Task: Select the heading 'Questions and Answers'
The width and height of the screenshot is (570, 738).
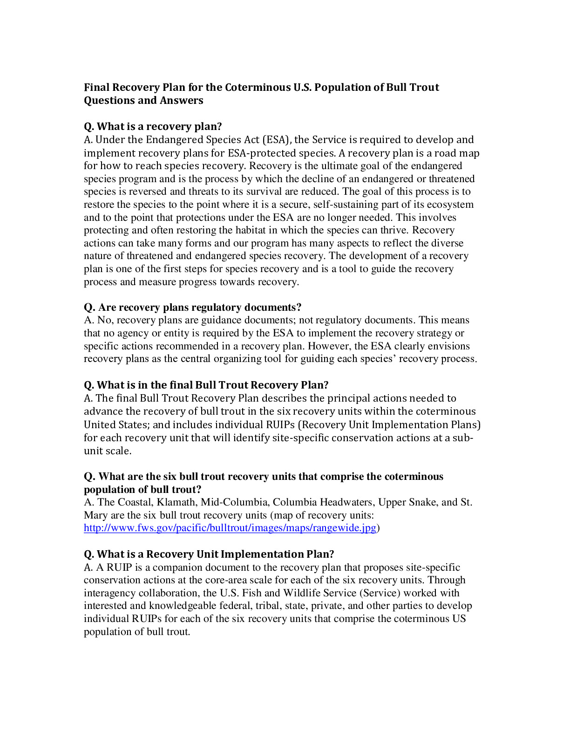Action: [x=143, y=101]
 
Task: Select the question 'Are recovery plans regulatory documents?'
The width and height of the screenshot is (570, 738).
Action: [x=192, y=307]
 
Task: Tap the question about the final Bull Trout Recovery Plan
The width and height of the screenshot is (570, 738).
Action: [x=206, y=385]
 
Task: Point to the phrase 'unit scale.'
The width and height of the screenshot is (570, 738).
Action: [x=108, y=451]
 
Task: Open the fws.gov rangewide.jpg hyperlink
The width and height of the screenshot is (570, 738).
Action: [x=230, y=528]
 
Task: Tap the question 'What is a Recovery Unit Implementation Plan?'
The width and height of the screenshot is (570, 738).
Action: [x=209, y=554]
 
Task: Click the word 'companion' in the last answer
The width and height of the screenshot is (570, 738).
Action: [x=178, y=567]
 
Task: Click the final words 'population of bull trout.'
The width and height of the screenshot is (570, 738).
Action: [x=137, y=632]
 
